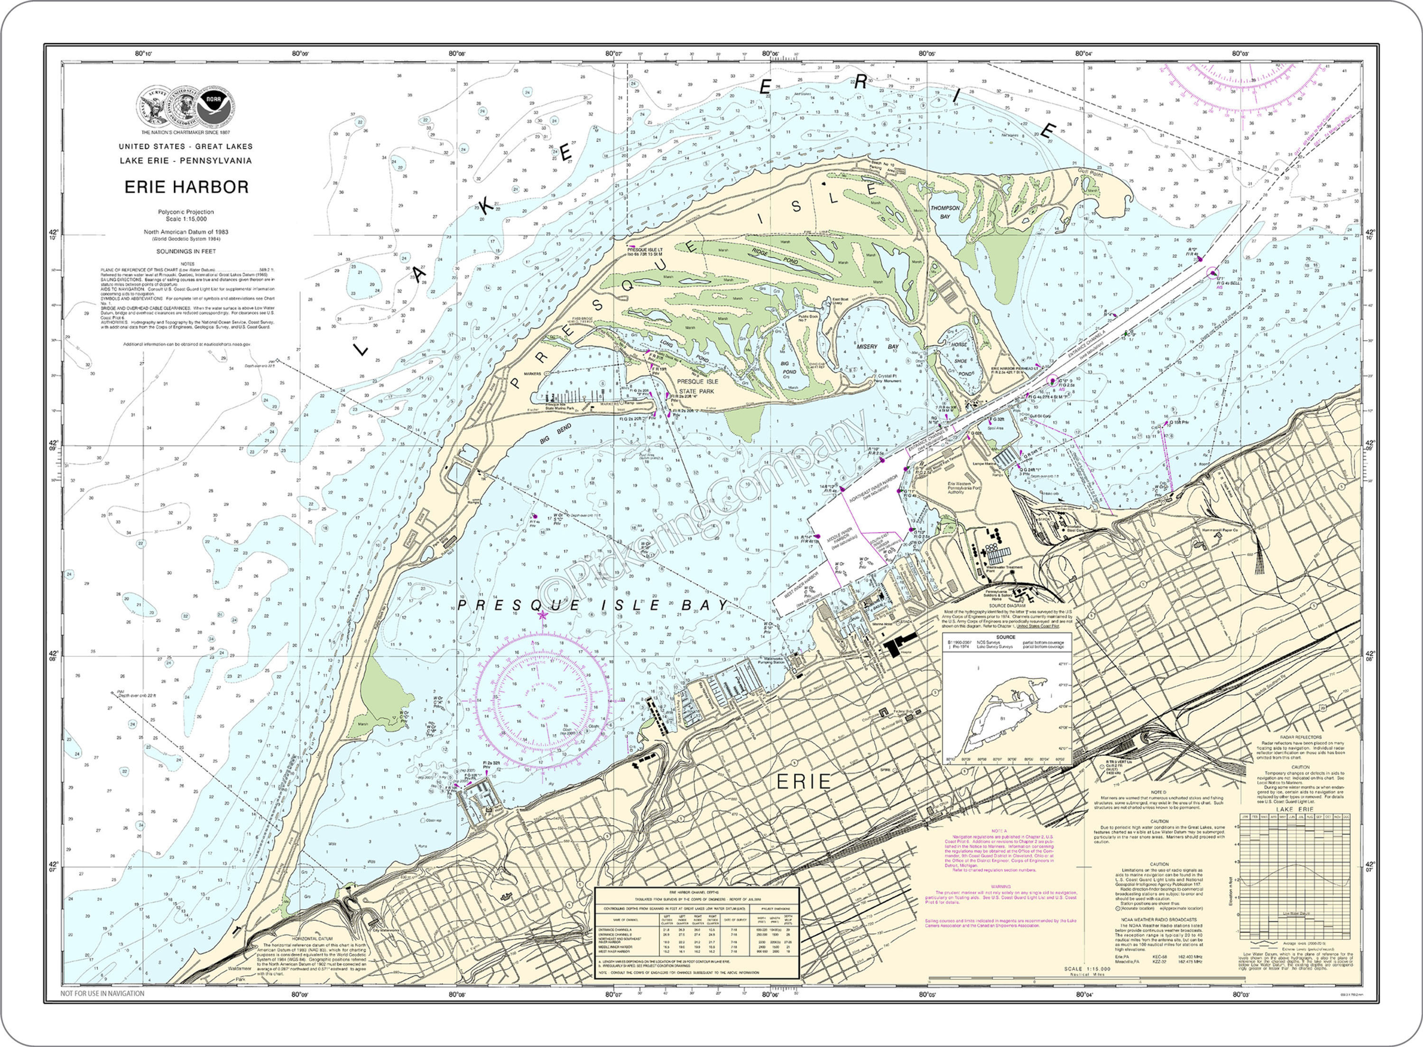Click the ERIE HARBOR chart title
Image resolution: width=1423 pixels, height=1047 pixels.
186,187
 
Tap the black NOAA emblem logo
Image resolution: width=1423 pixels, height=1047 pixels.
215,106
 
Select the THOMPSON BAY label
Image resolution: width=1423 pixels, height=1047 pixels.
945,211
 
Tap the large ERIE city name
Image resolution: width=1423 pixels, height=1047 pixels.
804,781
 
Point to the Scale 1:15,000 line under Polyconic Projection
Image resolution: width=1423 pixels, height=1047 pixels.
186,219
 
